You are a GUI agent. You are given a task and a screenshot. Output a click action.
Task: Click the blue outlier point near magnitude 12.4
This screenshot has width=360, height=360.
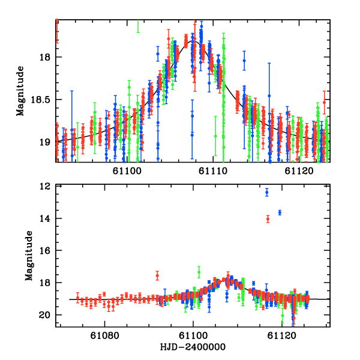[x=267, y=192]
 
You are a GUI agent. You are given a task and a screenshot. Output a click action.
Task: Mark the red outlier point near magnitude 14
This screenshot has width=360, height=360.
[x=268, y=219]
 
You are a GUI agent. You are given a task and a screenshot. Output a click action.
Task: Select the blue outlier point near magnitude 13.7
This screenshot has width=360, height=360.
[x=280, y=212]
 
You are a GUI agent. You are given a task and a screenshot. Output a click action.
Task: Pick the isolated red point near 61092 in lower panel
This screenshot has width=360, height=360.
[x=157, y=275]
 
